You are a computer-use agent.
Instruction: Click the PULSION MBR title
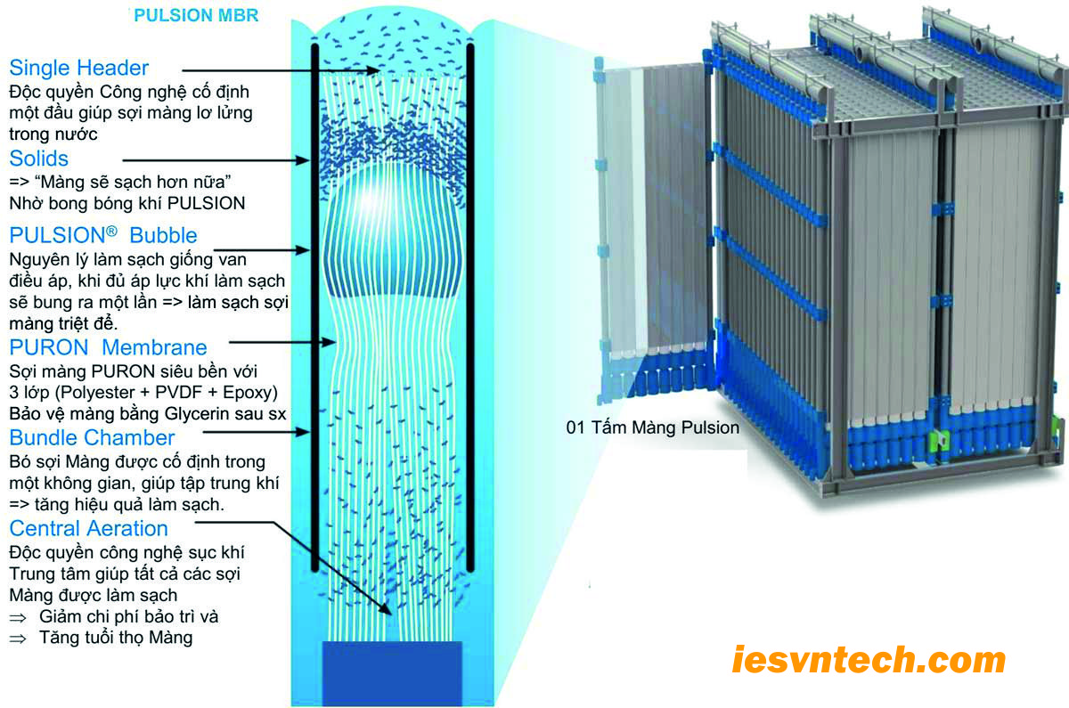click(x=196, y=16)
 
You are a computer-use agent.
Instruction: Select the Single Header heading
click(x=79, y=68)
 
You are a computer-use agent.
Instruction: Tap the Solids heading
click(x=39, y=159)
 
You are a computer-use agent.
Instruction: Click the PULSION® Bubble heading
click(x=103, y=236)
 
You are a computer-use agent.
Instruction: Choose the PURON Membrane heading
click(x=108, y=347)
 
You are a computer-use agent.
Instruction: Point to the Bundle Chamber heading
click(x=92, y=437)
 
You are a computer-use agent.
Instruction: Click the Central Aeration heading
click(x=88, y=528)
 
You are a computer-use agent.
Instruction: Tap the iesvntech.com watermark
click(x=869, y=661)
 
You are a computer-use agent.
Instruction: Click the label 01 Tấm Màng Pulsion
click(x=653, y=427)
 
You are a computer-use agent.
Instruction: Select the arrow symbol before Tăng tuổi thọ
click(x=17, y=639)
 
